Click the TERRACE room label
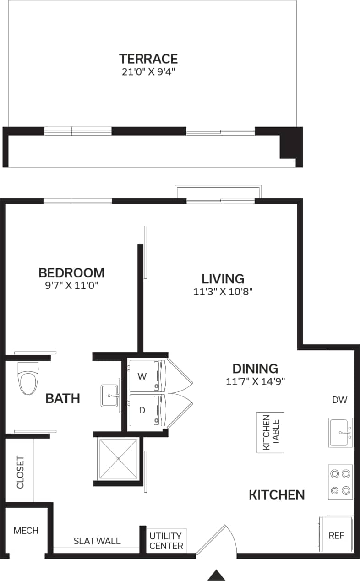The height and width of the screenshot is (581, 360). click(148, 59)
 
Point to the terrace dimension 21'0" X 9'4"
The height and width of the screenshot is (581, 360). click(148, 72)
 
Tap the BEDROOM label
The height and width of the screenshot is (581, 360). click(71, 273)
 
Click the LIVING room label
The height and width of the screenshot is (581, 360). click(223, 278)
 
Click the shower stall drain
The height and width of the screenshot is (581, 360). click(118, 458)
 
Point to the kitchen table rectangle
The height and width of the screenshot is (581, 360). click(270, 433)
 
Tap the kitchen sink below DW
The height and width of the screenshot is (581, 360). click(340, 432)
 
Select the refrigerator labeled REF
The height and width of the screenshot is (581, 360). click(336, 535)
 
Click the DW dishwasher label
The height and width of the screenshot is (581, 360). click(340, 400)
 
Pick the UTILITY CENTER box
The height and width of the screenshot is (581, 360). click(166, 541)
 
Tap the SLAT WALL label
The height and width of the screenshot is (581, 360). click(97, 541)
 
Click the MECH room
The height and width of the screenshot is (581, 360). click(26, 531)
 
